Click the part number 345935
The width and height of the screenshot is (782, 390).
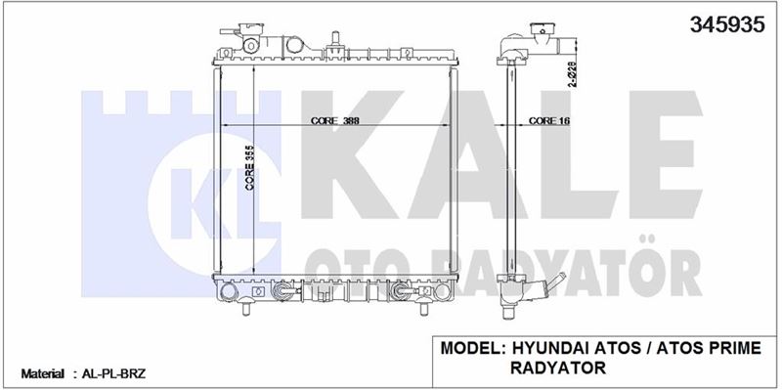click(x=726, y=23)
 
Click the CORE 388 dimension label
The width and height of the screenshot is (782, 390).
click(x=335, y=120)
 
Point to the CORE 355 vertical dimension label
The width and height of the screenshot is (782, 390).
click(x=250, y=167)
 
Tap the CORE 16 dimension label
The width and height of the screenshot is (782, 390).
click(x=548, y=120)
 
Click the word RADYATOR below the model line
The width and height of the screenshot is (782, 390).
click(x=558, y=368)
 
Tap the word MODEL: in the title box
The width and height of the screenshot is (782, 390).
click(x=473, y=348)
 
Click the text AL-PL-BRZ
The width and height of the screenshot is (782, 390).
click(x=114, y=373)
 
